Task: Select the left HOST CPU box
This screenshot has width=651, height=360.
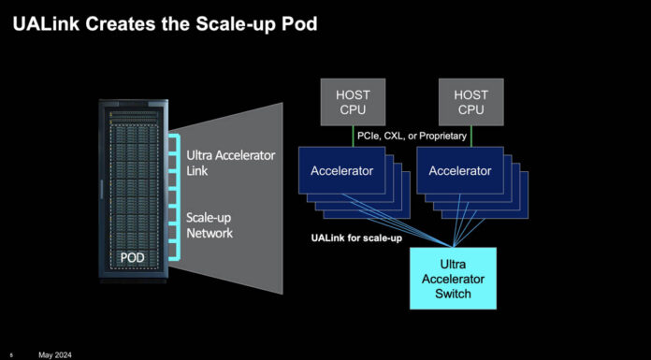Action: click(x=352, y=103)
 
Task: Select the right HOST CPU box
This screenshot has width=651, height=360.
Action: click(x=471, y=103)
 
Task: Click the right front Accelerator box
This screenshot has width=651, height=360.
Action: click(x=459, y=171)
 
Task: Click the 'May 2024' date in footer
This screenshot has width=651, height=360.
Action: click(x=55, y=354)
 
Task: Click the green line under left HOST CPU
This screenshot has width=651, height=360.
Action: click(x=352, y=136)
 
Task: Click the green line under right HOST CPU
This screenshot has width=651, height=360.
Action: click(x=471, y=136)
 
